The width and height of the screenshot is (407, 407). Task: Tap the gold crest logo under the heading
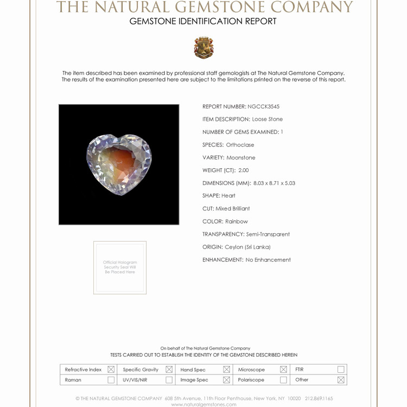(203, 48)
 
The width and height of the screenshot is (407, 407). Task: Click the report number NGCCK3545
(263, 106)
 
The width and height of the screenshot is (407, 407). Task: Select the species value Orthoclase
(240, 145)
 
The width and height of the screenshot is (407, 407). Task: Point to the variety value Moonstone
(241, 157)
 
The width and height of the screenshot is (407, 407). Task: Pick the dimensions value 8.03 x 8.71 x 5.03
(274, 183)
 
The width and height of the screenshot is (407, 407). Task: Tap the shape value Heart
(228, 195)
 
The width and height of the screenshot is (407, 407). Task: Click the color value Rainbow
(237, 221)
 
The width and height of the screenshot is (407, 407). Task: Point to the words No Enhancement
(268, 260)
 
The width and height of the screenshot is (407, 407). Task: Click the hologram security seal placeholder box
(120, 268)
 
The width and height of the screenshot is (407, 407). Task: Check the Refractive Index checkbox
(111, 370)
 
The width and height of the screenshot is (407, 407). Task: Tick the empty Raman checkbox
(111, 380)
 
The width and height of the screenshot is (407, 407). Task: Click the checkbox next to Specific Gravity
(169, 370)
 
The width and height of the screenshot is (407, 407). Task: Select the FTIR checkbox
(341, 370)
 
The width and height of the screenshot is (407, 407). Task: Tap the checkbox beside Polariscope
(283, 380)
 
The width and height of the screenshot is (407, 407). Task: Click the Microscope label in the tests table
(251, 370)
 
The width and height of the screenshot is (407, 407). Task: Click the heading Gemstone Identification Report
(203, 21)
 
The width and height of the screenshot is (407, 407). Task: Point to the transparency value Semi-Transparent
(268, 234)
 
